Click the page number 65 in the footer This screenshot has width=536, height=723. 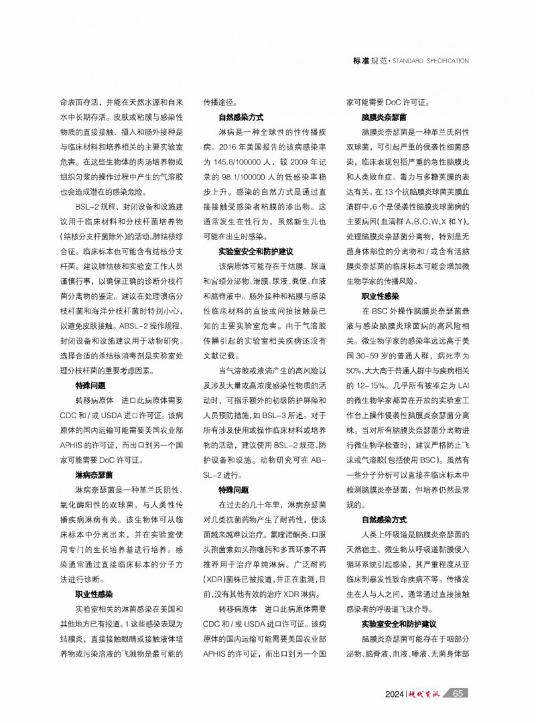458,693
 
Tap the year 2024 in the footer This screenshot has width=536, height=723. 396,693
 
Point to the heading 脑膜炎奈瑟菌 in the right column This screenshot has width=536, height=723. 380,117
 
